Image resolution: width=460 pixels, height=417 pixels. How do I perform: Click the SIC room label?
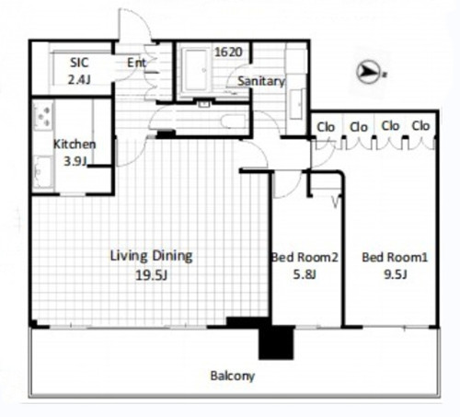(x=79, y=63)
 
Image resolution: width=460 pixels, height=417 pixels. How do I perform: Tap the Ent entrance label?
(x=136, y=63)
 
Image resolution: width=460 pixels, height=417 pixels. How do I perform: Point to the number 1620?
(x=229, y=52)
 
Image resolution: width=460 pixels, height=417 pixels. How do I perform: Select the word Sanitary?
(x=261, y=81)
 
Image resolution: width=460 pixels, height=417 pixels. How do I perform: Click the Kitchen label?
(x=75, y=145)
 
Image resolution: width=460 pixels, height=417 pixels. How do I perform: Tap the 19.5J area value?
(x=152, y=275)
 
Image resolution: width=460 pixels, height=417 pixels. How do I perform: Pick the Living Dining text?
(x=152, y=256)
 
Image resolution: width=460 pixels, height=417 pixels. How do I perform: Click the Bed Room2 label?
(x=305, y=257)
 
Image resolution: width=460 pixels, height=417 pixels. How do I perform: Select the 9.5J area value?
(x=396, y=274)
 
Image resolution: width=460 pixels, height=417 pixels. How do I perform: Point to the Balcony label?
(x=233, y=376)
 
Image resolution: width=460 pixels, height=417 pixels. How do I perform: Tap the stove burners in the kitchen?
(x=43, y=117)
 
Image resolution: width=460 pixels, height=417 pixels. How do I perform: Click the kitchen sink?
(x=42, y=171)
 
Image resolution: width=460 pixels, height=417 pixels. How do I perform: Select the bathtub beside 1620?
(x=195, y=70)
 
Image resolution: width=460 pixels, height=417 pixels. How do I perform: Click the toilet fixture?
(x=234, y=122)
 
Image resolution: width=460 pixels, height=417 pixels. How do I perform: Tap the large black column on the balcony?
(x=276, y=342)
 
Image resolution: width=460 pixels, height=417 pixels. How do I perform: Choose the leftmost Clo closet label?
(x=326, y=127)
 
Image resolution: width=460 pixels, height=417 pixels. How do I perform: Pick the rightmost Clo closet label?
(x=420, y=126)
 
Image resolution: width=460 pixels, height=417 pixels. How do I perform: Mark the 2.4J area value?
(x=79, y=80)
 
